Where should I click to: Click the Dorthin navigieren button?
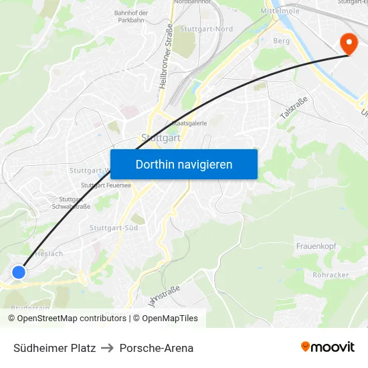[184, 165]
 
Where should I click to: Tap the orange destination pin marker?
[349, 43]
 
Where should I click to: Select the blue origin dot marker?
[19, 272]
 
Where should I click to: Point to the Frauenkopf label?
[316, 247]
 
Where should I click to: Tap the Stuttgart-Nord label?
[207, 29]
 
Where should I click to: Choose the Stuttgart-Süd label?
[114, 228]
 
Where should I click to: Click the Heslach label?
[50, 254]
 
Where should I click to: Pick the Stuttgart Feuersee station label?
[106, 185]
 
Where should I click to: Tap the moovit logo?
[327, 347]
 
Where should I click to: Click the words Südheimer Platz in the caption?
[55, 348]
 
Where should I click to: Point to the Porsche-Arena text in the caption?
[157, 348]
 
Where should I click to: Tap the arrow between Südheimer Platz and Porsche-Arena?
[108, 348]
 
